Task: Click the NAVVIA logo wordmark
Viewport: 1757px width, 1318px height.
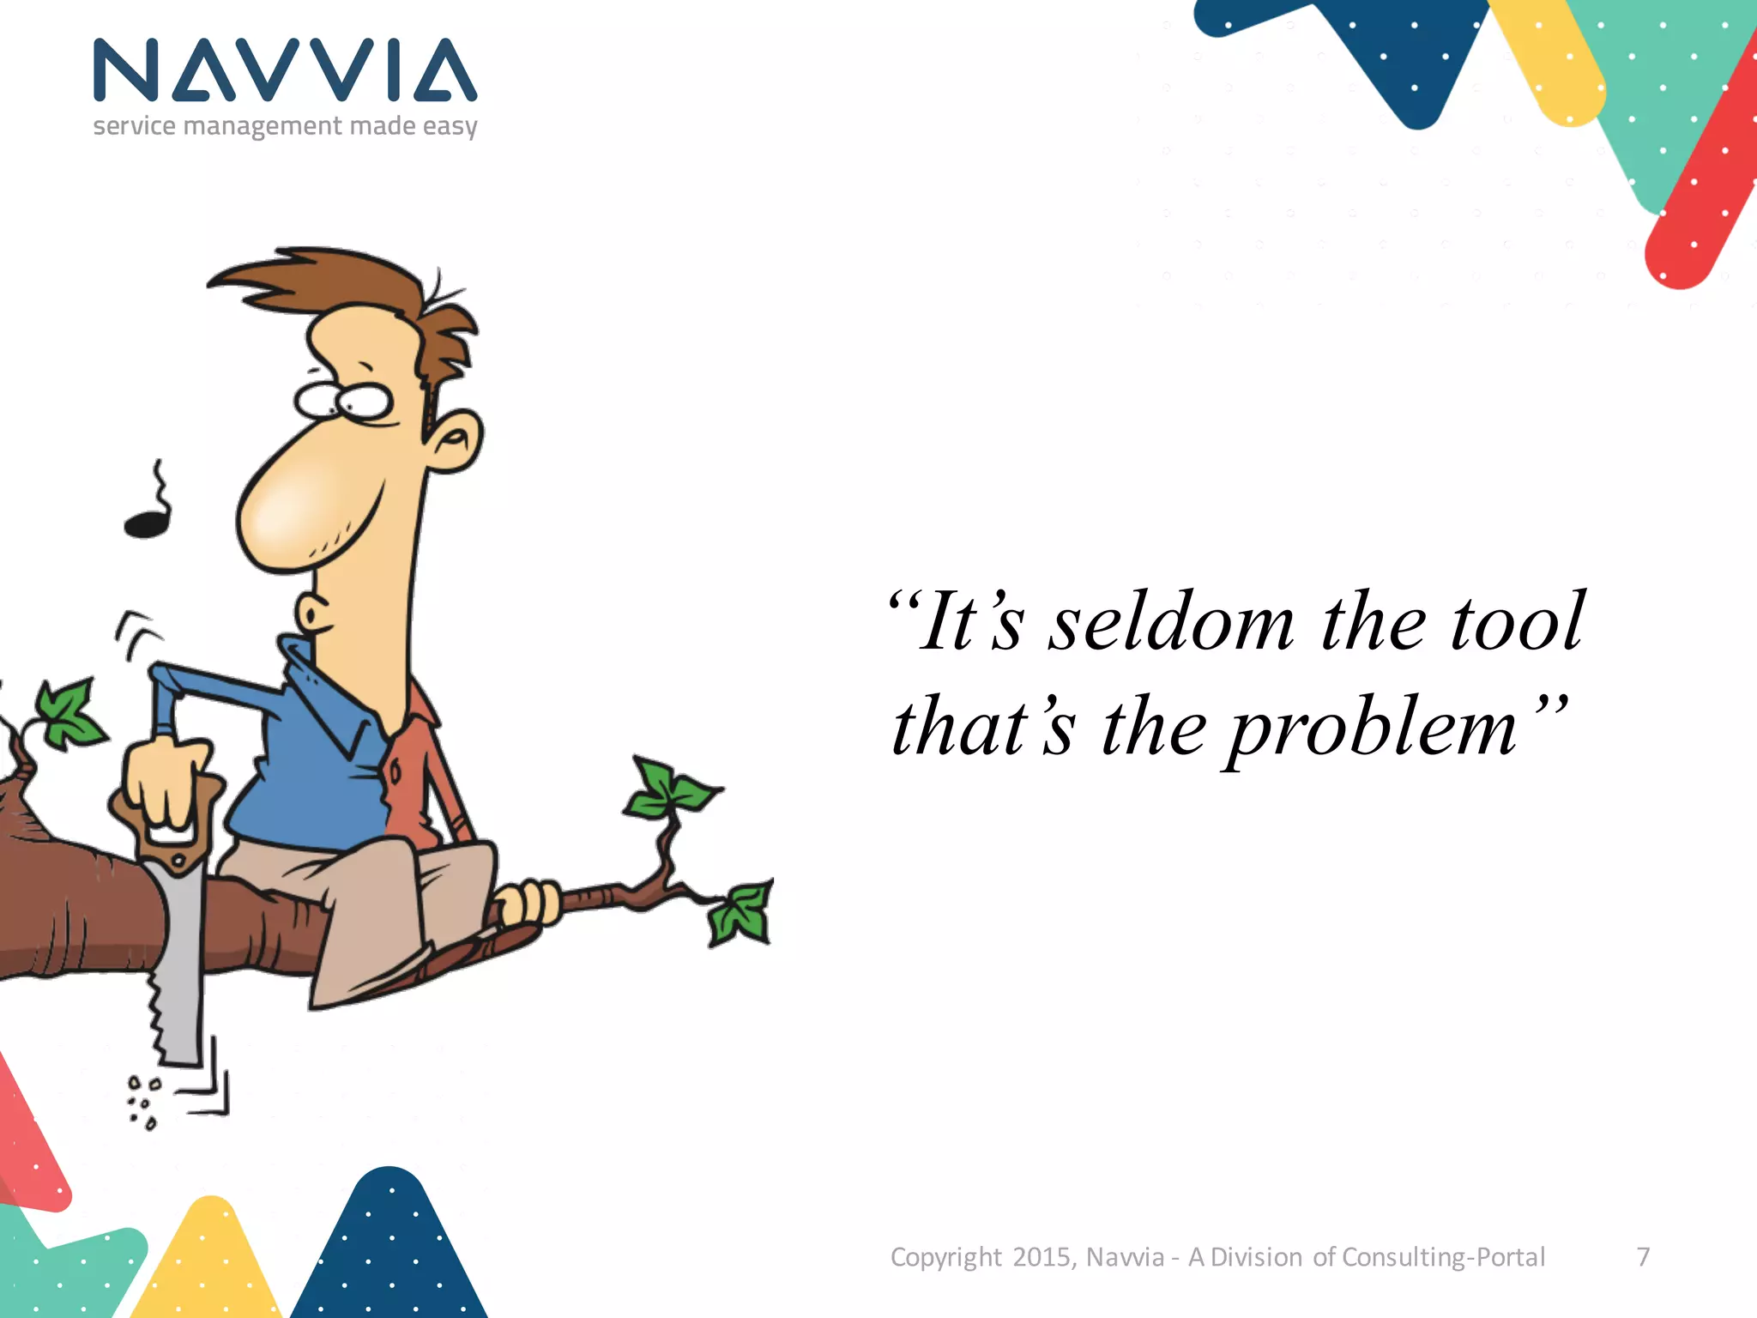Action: pos(285,70)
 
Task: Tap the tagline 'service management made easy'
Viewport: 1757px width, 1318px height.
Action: pos(285,126)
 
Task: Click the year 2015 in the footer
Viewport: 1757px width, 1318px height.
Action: pos(1042,1257)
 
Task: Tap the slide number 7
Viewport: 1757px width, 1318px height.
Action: pos(1643,1257)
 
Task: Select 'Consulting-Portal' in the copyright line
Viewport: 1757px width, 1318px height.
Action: pos(1443,1257)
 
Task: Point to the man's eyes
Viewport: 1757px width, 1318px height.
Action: pos(343,400)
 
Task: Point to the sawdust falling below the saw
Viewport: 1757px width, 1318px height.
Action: pos(142,1103)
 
